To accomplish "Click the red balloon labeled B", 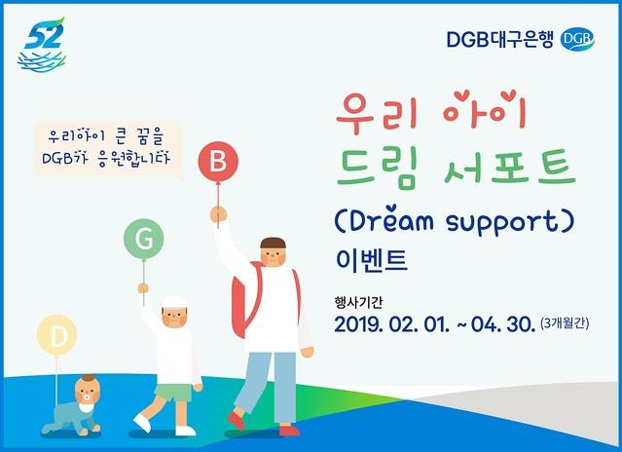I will pos(218,161).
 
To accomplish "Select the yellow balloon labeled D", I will pos(57,336).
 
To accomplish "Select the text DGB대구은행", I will pos(502,39).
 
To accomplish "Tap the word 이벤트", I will pos(371,260).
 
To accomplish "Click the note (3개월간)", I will pos(565,323).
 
